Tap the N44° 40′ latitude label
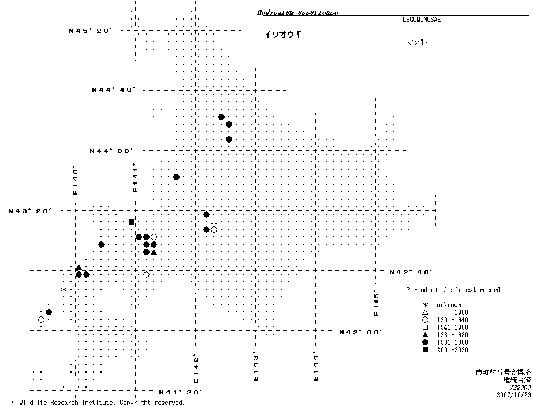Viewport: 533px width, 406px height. coord(113,90)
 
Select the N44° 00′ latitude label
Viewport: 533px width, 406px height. coord(111,151)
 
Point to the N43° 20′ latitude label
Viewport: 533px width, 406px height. coord(29,211)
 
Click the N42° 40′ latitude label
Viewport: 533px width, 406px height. coord(411,271)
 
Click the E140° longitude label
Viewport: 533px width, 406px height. coord(75,180)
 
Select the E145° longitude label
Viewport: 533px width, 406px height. coord(377,302)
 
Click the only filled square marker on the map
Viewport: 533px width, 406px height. coord(132,222)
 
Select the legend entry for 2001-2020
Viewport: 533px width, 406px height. coord(445,350)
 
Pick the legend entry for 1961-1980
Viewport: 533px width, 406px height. coord(445,335)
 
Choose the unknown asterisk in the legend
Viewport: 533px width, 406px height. coord(425,305)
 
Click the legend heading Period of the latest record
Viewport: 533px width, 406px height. coord(453,290)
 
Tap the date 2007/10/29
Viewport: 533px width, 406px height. coord(513,396)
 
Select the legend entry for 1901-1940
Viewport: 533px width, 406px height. coord(445,320)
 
